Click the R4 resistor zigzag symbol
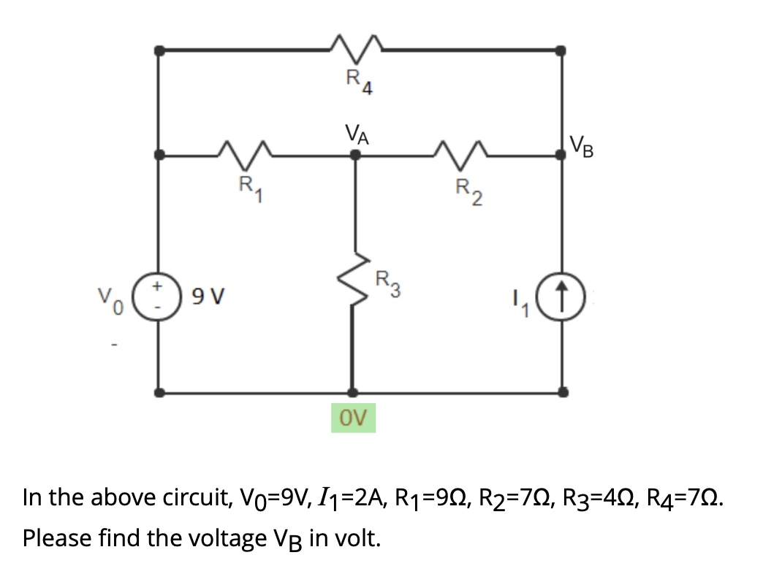356,48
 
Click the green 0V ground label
353,418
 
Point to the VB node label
582,148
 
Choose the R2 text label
466,191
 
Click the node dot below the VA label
354,154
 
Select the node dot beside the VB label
561,154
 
